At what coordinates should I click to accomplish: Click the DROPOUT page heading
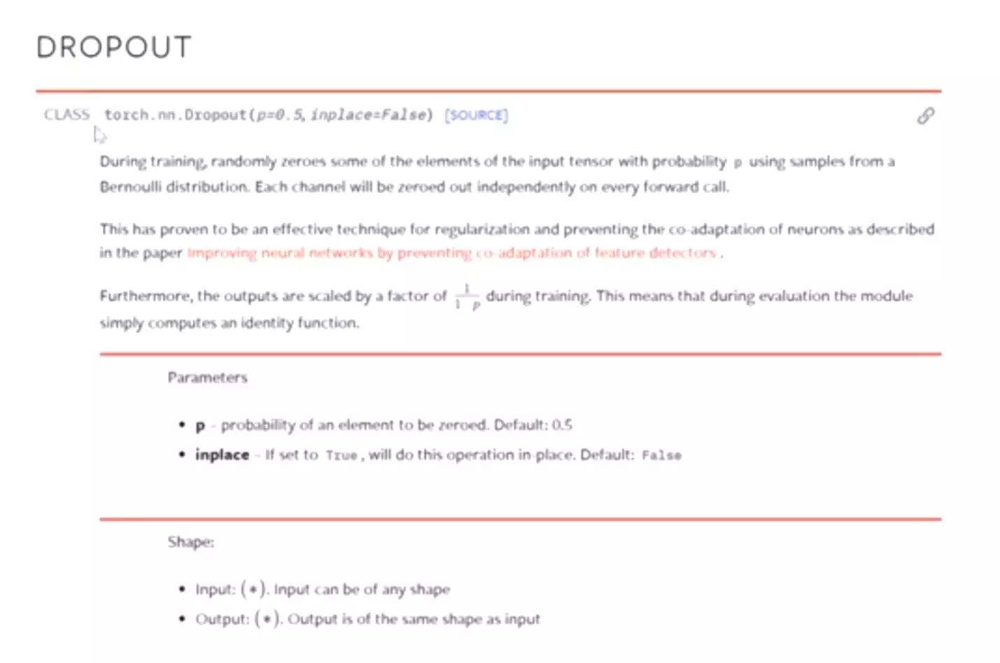coord(113,48)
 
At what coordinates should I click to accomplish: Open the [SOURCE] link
coord(477,115)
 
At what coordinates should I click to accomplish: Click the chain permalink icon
coord(926,115)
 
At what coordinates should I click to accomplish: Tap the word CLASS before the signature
coord(67,115)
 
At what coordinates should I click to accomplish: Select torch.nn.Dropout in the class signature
coord(175,115)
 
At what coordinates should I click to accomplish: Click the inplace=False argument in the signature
coord(369,115)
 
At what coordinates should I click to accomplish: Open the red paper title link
coord(451,253)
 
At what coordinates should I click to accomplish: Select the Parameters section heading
coord(208,378)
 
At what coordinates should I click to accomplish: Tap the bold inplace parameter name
coord(222,455)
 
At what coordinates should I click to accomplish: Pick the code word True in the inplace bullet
coord(341,456)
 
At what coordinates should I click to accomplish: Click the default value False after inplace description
coord(661,456)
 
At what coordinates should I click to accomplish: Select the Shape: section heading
coord(191,542)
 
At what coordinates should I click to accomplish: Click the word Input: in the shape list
coord(214,590)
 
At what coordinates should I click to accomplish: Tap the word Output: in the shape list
coord(222,620)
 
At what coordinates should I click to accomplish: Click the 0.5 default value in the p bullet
coord(561,425)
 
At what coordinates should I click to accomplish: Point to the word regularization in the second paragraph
coord(482,229)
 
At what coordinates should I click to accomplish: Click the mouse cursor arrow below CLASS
coord(99,134)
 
